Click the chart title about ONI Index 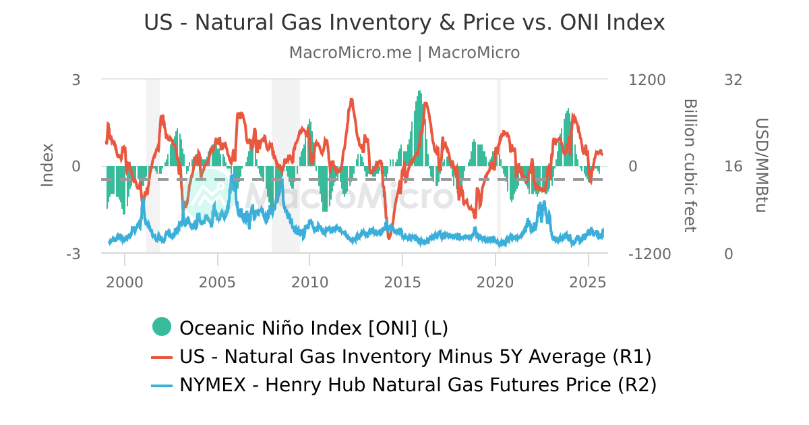[x=404, y=22]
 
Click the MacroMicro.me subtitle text [x=404, y=53]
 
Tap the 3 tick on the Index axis [x=76, y=80]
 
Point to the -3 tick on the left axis [x=73, y=254]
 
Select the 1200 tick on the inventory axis [x=647, y=80]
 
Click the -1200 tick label [x=649, y=254]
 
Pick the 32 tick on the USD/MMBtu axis [x=733, y=80]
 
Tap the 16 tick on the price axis [x=733, y=167]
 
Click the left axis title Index [x=47, y=165]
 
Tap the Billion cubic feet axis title [x=689, y=165]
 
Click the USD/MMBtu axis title [x=761, y=165]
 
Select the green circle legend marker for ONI [x=162, y=327]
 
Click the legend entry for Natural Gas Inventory [x=415, y=356]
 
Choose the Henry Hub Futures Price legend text [x=417, y=385]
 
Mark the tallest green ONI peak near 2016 [x=419, y=92]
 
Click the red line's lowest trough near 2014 [x=389, y=237]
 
